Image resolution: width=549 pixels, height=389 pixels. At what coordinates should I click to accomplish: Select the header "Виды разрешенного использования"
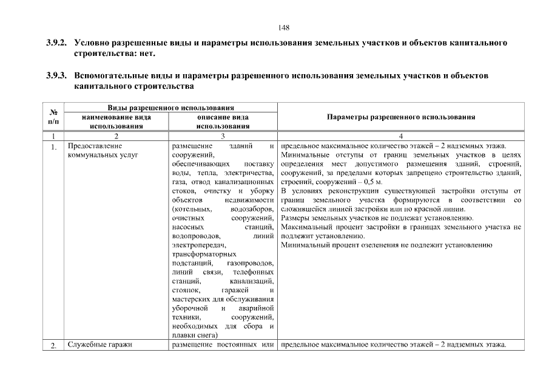coord(171,108)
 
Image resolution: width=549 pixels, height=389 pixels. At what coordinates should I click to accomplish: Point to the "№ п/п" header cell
coord(53,117)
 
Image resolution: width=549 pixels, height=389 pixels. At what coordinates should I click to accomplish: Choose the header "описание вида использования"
coord(223,122)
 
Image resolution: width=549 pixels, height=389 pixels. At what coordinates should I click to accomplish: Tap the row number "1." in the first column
coord(53,146)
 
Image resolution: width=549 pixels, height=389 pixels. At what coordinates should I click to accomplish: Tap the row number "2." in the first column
coord(53,346)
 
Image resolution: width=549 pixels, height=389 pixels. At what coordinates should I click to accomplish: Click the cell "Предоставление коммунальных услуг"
coord(103,150)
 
